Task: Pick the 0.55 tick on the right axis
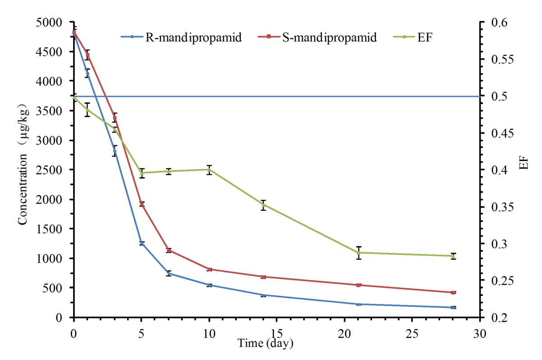tap(497, 60)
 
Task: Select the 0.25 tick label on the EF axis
tap(497, 281)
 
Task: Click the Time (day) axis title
tap(266, 343)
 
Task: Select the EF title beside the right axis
tap(523, 163)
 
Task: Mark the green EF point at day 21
tap(359, 253)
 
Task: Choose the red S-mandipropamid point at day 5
tap(142, 204)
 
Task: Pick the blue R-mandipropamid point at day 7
tap(169, 273)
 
